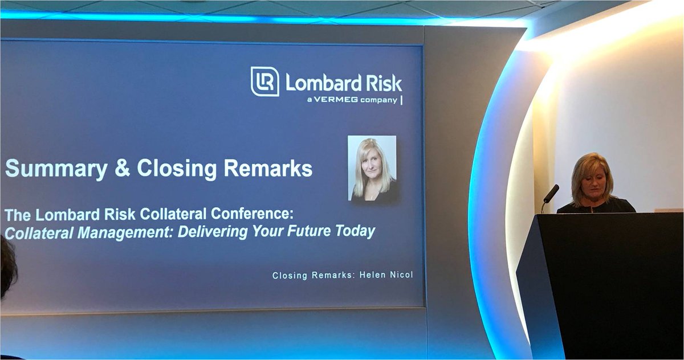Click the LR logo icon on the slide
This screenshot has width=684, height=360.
click(264, 81)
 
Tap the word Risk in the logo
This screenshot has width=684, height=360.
click(383, 83)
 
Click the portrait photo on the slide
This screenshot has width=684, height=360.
click(372, 169)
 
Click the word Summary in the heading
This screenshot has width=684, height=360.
click(56, 169)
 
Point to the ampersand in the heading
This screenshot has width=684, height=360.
click(122, 169)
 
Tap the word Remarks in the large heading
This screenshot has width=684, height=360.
click(268, 169)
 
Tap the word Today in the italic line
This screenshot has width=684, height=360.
click(357, 232)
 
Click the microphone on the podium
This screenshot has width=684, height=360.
click(551, 194)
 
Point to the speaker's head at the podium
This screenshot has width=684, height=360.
click(592, 177)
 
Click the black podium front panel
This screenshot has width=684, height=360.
click(610, 285)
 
